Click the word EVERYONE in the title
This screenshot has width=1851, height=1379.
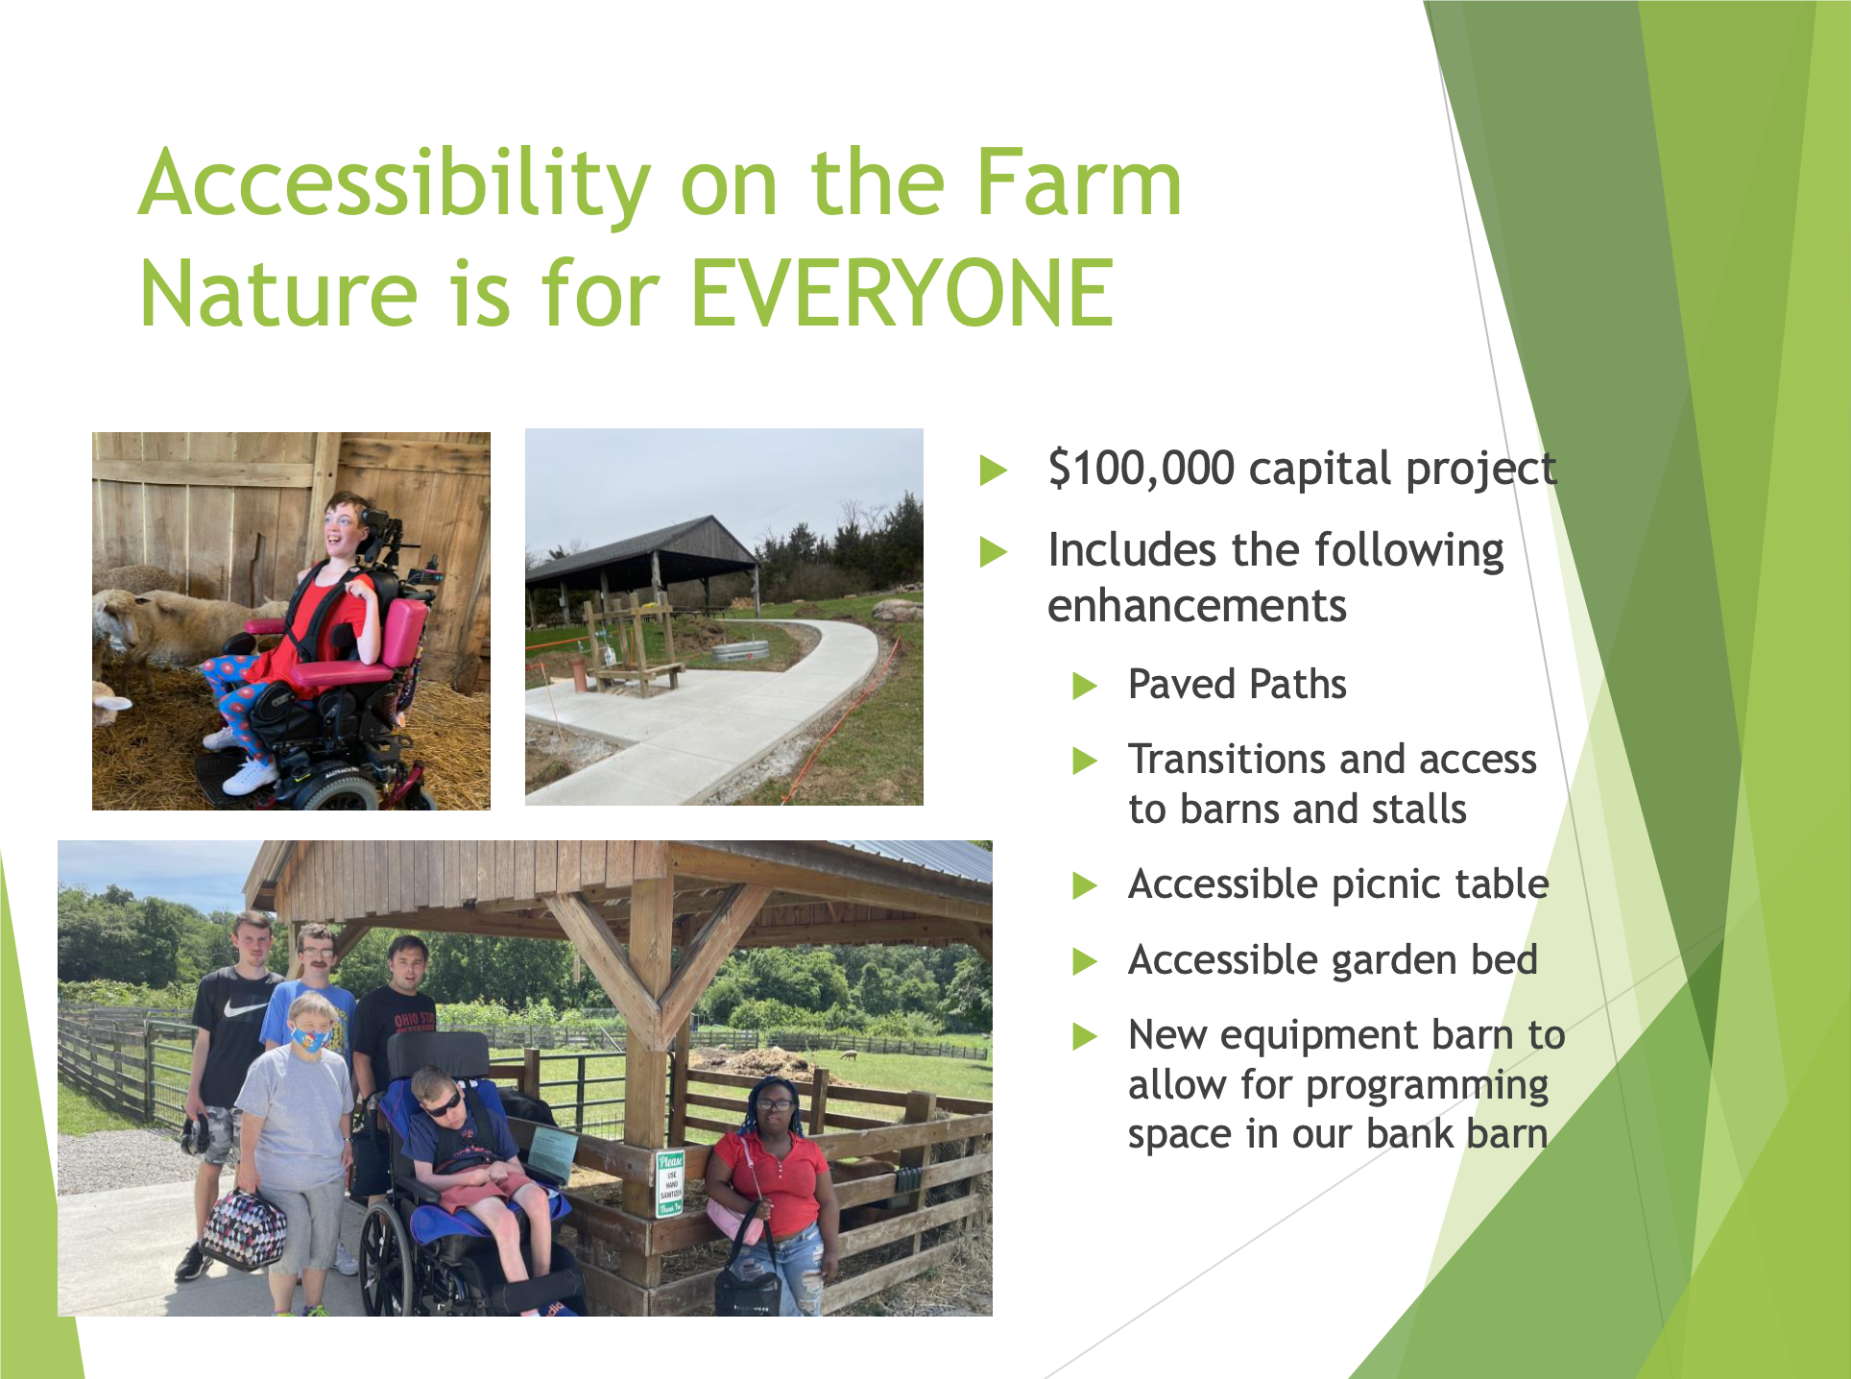(902, 293)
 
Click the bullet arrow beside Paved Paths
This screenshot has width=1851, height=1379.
(1085, 686)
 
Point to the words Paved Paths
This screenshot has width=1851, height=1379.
(1238, 685)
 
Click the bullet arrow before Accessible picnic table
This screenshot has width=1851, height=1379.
(1085, 885)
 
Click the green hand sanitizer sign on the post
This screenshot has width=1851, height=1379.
(670, 1183)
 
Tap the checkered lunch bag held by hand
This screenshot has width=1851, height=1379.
(244, 1229)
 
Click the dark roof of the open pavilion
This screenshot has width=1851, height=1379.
(643, 547)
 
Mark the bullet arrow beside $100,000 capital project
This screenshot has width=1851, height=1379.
(994, 471)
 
